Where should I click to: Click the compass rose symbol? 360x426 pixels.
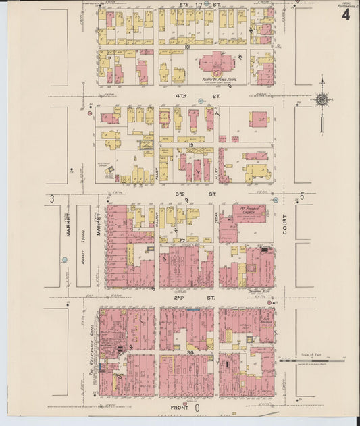click(x=323, y=101)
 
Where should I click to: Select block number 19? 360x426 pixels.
click(x=191, y=145)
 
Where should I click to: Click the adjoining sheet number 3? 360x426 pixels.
click(x=52, y=198)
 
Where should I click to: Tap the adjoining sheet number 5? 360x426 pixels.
click(x=302, y=196)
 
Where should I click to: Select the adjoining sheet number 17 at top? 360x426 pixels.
click(x=198, y=5)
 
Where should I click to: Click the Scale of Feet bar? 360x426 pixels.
click(x=312, y=361)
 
